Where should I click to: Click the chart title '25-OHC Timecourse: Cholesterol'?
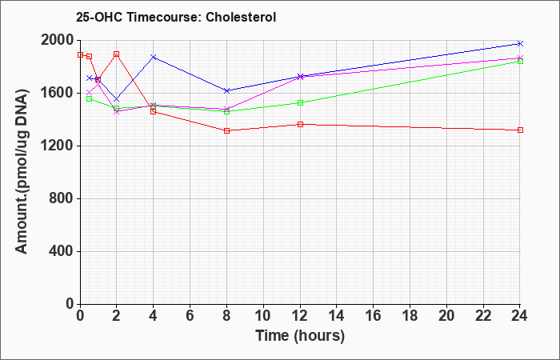coord(176,17)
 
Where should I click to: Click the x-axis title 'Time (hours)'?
coord(300,336)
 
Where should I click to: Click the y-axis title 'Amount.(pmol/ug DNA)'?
coord(22,171)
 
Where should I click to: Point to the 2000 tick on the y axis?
coord(58,40)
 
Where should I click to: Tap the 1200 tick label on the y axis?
coord(58,146)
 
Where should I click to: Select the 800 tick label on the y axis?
coord(62,198)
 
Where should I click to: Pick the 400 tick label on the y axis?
coord(62,251)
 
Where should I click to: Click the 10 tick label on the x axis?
coord(263,316)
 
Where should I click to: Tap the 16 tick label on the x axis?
coord(374,316)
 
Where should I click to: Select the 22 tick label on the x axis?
coord(483,316)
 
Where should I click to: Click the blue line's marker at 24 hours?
coord(520,43)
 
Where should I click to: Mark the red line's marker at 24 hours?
coord(520,130)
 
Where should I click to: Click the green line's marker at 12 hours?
coord(300,103)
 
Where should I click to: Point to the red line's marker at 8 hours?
coord(226,130)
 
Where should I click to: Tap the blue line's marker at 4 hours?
coord(154,57)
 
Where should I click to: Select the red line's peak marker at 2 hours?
coord(117,54)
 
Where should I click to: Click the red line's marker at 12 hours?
coord(300,124)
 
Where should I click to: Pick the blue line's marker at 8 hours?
coord(226,90)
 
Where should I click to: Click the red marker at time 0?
coord(80,55)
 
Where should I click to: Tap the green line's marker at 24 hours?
coord(520,62)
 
